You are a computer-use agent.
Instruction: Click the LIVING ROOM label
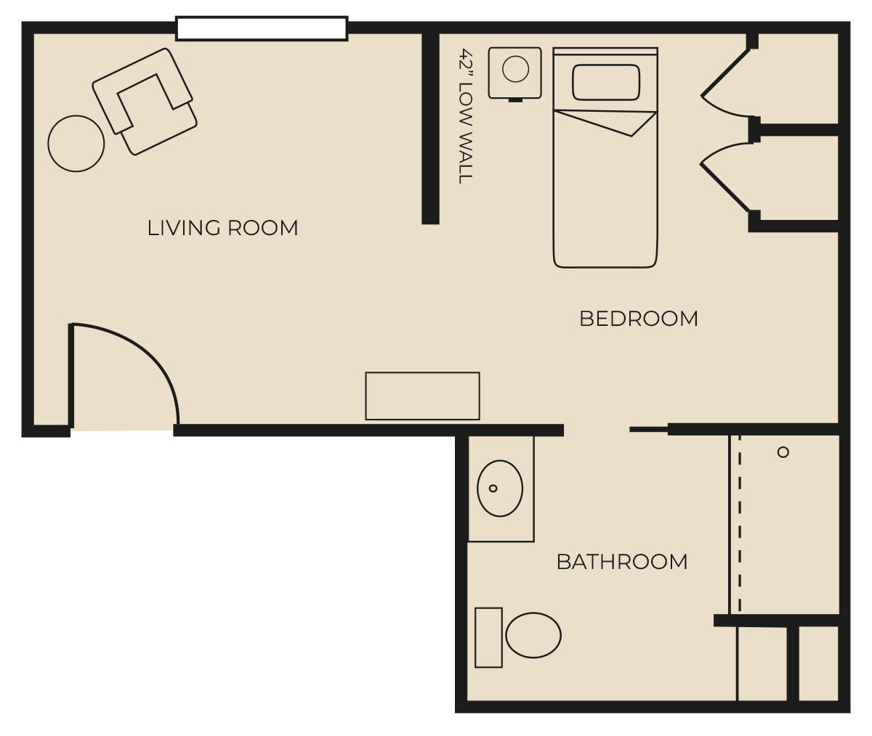click(x=222, y=228)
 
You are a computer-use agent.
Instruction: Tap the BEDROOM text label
click(x=639, y=319)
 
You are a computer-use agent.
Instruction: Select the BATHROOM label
click(x=622, y=562)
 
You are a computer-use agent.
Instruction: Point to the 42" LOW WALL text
click(x=466, y=116)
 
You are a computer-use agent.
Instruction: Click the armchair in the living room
click(x=145, y=102)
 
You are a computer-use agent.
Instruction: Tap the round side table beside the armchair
click(x=76, y=144)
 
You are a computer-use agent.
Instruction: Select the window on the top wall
click(x=262, y=28)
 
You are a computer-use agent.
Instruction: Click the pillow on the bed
click(x=605, y=82)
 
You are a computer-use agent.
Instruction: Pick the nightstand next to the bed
click(x=515, y=74)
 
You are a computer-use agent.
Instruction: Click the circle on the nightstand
click(x=515, y=69)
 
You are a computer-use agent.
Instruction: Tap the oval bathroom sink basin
click(x=500, y=488)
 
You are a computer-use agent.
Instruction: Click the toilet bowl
click(x=533, y=635)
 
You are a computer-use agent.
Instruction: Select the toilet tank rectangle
click(x=488, y=637)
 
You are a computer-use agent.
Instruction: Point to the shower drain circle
click(x=783, y=452)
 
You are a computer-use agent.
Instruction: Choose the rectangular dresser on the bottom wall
click(x=423, y=396)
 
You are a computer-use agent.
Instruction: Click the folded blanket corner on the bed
click(x=605, y=123)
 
